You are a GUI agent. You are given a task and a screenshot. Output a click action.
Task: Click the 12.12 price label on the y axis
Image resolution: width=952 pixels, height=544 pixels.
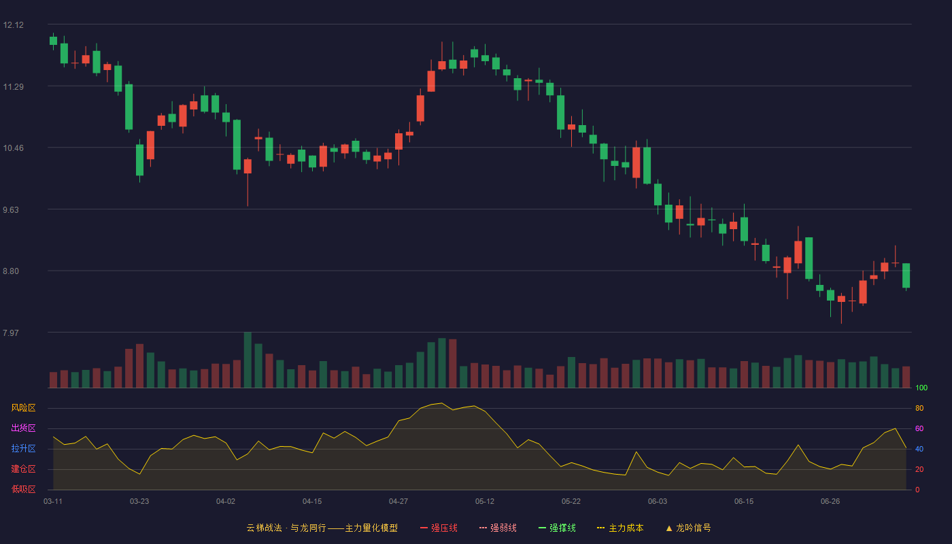(13, 25)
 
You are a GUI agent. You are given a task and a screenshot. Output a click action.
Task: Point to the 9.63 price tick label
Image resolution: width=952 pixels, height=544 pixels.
(11, 210)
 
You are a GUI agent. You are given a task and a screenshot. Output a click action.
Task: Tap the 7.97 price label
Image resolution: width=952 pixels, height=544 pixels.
(11, 333)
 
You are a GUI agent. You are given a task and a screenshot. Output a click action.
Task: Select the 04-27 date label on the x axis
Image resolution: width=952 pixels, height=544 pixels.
(398, 502)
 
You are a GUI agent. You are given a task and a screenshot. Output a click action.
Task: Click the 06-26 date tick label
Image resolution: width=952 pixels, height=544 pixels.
(830, 502)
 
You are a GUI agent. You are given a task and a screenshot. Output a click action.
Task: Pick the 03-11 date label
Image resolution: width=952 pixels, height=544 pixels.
(53, 502)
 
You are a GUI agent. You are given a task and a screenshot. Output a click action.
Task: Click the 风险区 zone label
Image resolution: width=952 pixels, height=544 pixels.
(23, 408)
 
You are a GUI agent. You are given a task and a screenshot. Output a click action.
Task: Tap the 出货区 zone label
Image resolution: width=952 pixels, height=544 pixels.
(23, 428)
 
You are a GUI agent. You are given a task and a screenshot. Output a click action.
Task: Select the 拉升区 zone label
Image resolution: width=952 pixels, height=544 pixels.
(23, 448)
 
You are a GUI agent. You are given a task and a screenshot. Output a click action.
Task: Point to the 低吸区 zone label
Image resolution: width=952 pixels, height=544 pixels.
(23, 489)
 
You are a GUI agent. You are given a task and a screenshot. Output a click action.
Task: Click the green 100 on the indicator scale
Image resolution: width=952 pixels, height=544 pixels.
(921, 388)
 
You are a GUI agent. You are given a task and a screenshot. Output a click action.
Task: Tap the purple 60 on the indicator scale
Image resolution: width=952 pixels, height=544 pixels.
(919, 428)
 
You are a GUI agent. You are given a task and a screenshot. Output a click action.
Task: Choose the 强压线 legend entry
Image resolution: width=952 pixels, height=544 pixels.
(439, 528)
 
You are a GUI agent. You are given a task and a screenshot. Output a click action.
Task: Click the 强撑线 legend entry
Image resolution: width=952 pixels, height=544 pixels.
(557, 528)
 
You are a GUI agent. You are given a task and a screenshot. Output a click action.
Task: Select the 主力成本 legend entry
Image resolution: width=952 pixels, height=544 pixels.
(620, 528)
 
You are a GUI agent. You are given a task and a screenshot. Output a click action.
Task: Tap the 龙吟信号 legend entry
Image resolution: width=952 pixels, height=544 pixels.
(688, 528)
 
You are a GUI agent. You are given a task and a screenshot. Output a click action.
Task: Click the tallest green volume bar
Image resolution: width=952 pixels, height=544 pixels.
(248, 360)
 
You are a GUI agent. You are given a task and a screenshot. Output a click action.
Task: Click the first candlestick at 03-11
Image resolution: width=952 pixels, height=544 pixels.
(53, 41)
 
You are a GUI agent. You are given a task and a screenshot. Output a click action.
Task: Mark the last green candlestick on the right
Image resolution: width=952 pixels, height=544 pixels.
(906, 275)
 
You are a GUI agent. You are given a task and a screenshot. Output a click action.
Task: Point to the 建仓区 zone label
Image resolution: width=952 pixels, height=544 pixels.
(23, 469)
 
